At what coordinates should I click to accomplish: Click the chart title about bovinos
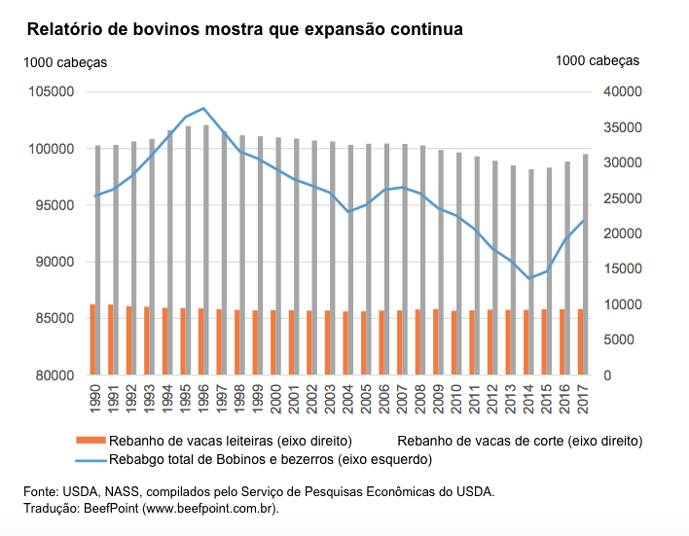click(244, 29)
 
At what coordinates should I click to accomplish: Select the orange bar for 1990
click(92, 339)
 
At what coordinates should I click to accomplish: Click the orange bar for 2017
click(581, 342)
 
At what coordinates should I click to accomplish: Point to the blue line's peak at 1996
click(202, 108)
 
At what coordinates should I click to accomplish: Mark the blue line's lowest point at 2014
click(530, 278)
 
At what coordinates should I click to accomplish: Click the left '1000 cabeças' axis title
click(65, 62)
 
